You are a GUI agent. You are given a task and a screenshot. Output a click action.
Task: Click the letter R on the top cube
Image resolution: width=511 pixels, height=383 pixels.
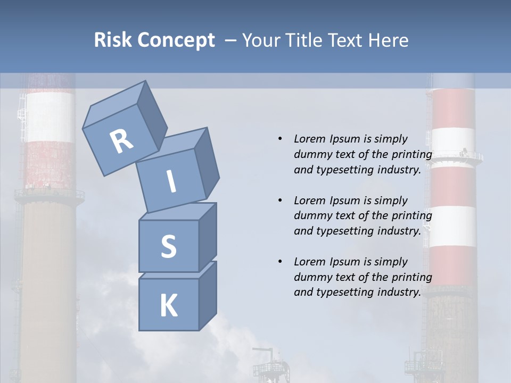(121, 141)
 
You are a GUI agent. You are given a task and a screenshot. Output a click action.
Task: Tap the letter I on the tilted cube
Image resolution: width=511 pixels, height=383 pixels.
(171, 181)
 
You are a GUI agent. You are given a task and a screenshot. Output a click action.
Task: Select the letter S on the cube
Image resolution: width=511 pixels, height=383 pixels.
(168, 246)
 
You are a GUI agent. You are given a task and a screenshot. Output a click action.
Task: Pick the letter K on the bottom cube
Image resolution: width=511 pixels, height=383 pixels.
(168, 306)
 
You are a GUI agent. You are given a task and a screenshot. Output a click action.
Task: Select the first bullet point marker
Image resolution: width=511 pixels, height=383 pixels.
(280, 139)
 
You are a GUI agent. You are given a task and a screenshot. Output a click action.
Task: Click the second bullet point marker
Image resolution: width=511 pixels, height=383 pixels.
(280, 201)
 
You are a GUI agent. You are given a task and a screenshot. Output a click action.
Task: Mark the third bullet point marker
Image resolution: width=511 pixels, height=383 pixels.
(280, 262)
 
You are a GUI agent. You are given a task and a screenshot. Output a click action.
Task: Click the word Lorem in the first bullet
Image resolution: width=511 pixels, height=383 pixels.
(309, 139)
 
